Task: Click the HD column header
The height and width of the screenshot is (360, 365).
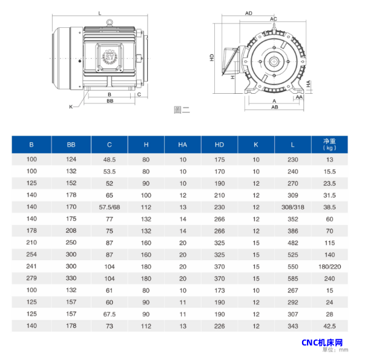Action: (x=219, y=145)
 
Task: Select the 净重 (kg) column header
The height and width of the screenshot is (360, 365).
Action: (x=329, y=145)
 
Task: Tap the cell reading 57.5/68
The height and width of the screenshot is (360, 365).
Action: (x=110, y=207)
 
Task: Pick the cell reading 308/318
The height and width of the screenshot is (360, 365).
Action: (x=292, y=207)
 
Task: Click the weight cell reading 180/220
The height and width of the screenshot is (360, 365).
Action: (x=330, y=267)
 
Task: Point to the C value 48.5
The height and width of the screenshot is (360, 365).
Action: (x=110, y=160)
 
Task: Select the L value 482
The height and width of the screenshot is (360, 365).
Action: (x=292, y=243)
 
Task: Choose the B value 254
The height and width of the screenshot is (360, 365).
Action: (x=31, y=254)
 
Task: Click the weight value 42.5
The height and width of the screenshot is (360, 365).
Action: (x=330, y=326)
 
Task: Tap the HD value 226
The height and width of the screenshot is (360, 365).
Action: (x=220, y=326)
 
